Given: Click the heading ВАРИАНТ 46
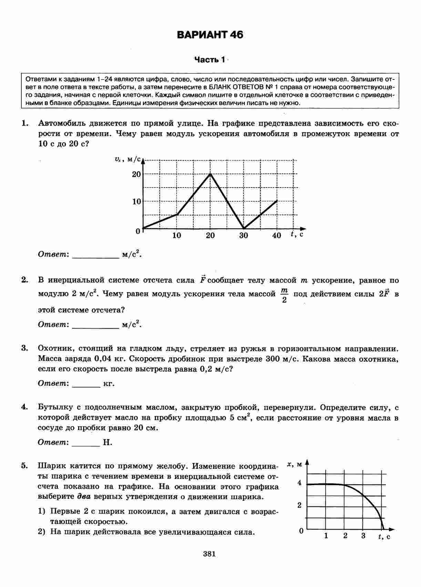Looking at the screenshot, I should (210, 35).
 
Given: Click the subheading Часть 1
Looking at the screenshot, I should (209, 60).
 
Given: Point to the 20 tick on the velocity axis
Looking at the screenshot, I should (136, 174).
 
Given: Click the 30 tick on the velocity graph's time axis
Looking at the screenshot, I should (244, 236).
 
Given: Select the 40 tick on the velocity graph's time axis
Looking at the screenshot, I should (277, 236).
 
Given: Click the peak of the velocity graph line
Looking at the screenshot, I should (210, 174).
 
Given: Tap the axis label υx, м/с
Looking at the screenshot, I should (128, 159).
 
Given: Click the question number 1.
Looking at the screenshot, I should (24, 123).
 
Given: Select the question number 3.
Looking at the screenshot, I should (24, 348).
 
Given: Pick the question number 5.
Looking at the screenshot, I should (24, 466).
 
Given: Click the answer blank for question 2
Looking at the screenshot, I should (95, 325).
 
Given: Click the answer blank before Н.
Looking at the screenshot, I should (86, 442).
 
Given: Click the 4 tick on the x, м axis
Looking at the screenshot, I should (299, 483).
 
